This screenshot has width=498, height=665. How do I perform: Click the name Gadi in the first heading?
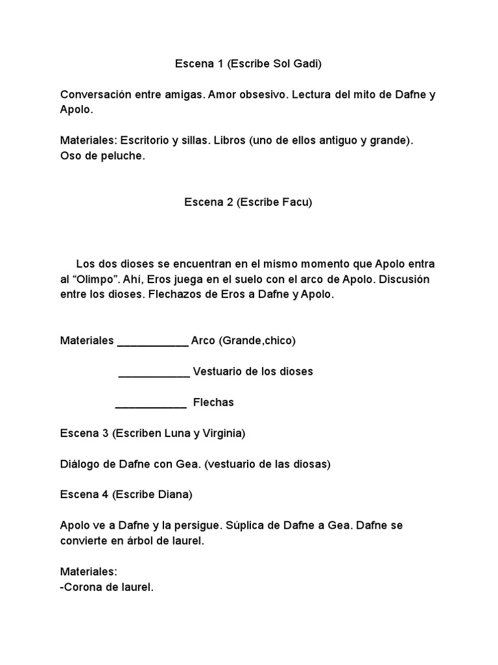point(306,64)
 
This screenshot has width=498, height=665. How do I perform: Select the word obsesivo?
point(263,95)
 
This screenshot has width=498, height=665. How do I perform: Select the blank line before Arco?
point(152,342)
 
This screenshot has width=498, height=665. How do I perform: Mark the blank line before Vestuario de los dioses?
point(154,373)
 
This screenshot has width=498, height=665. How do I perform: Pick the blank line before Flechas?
point(151,404)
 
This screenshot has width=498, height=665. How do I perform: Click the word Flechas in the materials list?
point(213,403)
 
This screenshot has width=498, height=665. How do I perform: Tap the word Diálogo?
point(81,464)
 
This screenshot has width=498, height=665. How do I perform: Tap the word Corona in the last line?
point(82,587)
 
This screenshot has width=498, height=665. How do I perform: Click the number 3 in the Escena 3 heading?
point(104,433)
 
